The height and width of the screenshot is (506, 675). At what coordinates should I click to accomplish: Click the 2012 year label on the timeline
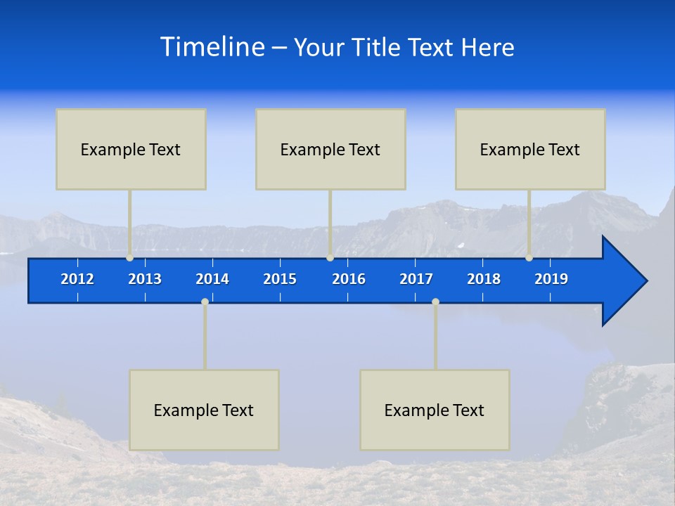[77, 279]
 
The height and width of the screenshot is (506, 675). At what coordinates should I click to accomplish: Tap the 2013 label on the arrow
[145, 279]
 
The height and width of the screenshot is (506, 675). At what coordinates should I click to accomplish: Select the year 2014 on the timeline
[212, 279]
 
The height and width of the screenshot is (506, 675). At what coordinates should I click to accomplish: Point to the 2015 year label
[280, 279]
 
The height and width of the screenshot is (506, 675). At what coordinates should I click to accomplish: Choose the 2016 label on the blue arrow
[349, 279]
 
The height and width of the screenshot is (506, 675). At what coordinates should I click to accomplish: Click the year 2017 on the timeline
[416, 279]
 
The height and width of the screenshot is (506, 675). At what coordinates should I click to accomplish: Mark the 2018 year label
[484, 279]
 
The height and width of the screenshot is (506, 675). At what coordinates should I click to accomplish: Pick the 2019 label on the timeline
[551, 279]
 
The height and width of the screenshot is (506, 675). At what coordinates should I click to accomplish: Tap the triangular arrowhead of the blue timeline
[623, 281]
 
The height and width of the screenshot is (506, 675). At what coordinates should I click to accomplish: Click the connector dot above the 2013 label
[130, 257]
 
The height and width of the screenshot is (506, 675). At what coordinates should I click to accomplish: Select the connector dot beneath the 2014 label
[205, 302]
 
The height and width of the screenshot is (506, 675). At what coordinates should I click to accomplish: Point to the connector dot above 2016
[330, 257]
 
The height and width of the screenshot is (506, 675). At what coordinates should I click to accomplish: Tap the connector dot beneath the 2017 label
[435, 302]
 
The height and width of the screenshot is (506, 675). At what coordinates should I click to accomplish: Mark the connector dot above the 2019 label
[529, 257]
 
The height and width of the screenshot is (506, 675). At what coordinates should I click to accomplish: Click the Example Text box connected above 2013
[131, 149]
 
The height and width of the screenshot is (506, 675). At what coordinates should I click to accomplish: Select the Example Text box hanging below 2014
[204, 410]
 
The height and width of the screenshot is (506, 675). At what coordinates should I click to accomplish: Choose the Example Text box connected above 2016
[330, 149]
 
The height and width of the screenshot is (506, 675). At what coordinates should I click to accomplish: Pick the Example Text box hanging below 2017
[435, 410]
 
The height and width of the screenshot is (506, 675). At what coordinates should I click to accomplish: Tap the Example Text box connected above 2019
[530, 149]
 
